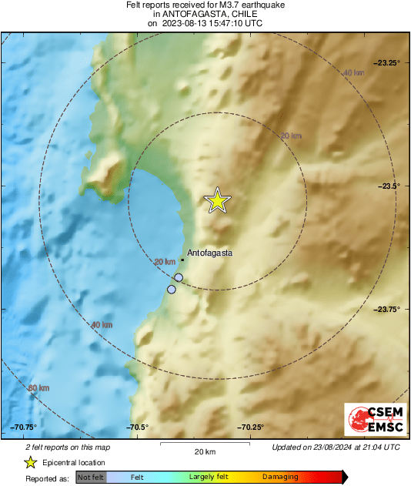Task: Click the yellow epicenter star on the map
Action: (218, 200)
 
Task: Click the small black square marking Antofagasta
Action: (182, 260)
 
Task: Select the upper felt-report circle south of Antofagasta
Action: (179, 277)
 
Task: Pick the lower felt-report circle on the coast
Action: (172, 290)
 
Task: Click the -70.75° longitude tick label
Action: (24, 427)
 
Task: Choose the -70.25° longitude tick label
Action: (251, 427)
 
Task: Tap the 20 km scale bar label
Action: (205, 451)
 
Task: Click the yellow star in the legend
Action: (30, 462)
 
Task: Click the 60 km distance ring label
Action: (39, 387)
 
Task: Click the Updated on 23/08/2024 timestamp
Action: (336, 447)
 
